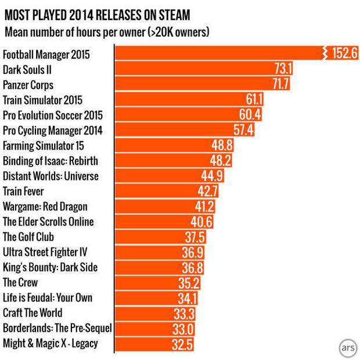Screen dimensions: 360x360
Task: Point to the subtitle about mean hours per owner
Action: coord(107,31)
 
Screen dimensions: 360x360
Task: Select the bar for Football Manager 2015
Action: coord(221,54)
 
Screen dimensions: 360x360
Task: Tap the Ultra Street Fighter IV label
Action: coord(48,252)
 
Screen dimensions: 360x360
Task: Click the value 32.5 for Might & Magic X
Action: coord(182,344)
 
